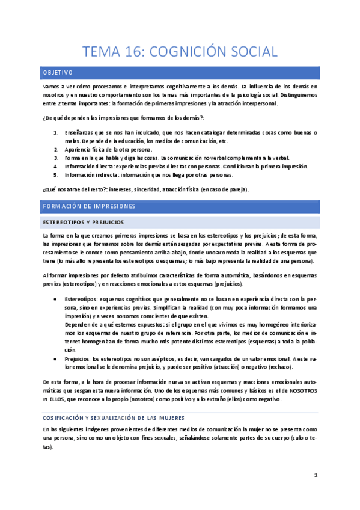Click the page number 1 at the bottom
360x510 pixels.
pos(315,475)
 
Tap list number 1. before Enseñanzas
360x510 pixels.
pos(56,132)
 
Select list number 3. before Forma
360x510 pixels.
pos(56,158)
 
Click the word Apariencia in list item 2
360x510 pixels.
pos(78,149)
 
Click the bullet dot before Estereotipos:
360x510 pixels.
pos(56,298)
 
